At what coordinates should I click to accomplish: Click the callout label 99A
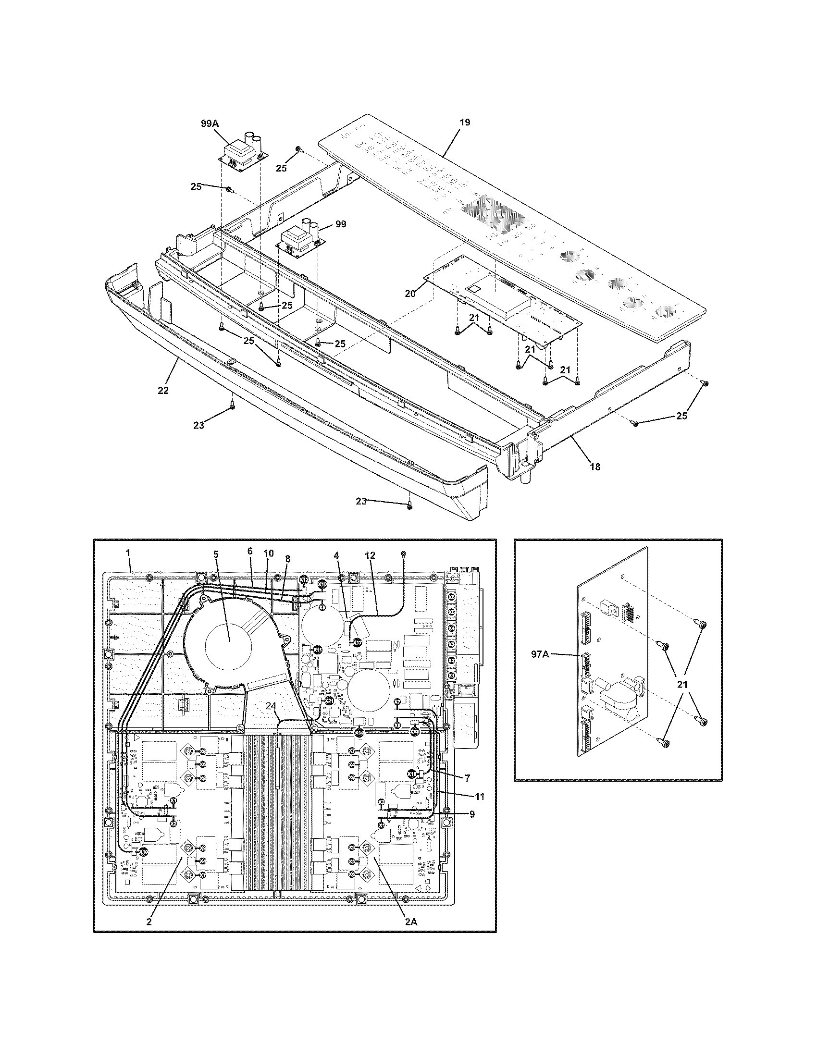(210, 123)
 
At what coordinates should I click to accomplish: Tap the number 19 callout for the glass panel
(464, 122)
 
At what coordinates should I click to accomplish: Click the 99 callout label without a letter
(341, 224)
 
